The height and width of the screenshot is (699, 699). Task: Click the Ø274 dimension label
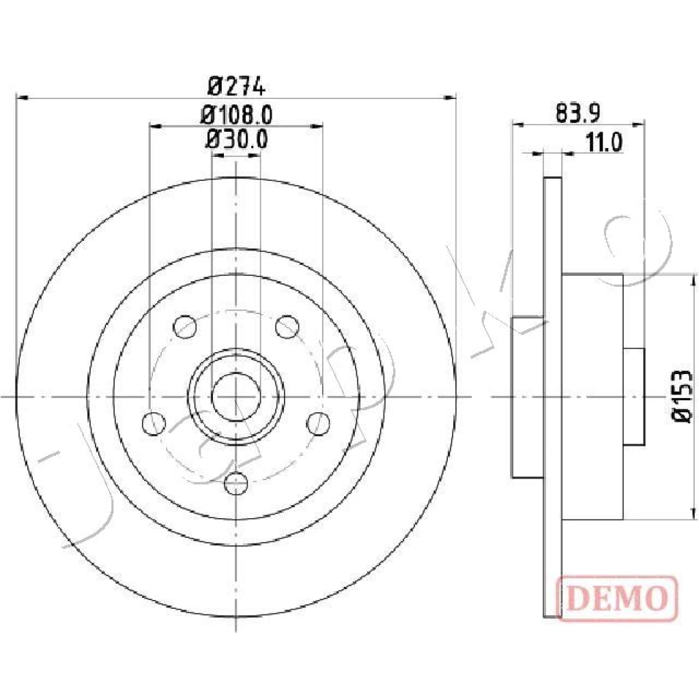236,86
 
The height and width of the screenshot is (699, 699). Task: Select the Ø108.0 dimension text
236,115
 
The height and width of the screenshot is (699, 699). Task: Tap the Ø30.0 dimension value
237,139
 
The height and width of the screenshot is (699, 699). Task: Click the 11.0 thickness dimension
604,143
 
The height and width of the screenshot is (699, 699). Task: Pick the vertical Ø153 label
683,396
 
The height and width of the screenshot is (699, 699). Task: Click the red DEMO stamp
617,598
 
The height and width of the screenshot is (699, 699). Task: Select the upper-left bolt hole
185,326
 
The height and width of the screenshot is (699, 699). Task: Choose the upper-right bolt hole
287,326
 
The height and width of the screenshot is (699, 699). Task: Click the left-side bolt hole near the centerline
154,423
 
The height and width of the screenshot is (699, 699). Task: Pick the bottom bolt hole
236,483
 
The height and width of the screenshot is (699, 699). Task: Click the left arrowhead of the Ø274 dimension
22,97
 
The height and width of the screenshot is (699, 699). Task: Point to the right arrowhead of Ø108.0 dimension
316,126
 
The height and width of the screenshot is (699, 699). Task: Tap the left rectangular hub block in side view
528,397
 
